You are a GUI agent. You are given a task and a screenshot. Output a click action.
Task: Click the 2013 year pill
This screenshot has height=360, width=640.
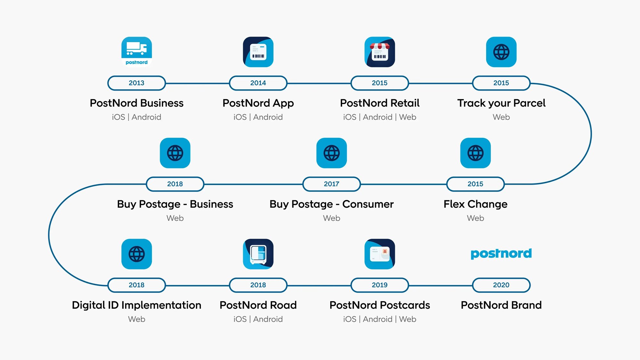pyautogui.click(x=137, y=83)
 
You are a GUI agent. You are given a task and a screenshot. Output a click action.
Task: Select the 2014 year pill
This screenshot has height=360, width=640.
pyautogui.click(x=258, y=83)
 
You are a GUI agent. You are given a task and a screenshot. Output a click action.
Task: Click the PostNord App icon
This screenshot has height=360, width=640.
pyautogui.click(x=258, y=52)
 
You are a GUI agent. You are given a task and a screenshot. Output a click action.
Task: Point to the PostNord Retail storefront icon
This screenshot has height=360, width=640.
pyautogui.click(x=380, y=52)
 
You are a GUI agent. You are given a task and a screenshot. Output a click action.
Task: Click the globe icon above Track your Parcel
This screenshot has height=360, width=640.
pyautogui.click(x=501, y=52)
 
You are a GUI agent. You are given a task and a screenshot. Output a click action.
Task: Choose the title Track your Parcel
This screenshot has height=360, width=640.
pyautogui.click(x=501, y=103)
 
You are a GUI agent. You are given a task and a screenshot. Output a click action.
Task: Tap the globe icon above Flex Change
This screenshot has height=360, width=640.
pyautogui.click(x=476, y=153)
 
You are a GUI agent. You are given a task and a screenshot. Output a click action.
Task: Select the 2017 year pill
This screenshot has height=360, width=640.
pyautogui.click(x=332, y=184)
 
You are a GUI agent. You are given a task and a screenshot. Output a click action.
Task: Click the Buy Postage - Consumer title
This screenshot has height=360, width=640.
pyautogui.click(x=332, y=204)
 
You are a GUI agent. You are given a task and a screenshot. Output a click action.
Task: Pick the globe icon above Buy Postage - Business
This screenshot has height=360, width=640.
pyautogui.click(x=175, y=153)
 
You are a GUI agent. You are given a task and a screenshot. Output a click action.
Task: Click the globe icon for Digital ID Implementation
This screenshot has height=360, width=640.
pyautogui.click(x=137, y=254)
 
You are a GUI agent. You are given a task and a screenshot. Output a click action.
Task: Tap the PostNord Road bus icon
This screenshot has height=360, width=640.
pyautogui.click(x=258, y=254)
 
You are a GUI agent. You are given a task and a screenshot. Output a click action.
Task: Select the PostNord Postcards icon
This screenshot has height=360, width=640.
pyautogui.click(x=380, y=254)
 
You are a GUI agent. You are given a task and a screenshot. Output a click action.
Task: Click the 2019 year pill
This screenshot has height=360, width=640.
pyautogui.click(x=380, y=285)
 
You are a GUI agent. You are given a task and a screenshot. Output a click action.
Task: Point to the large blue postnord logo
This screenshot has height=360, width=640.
pyautogui.click(x=501, y=253)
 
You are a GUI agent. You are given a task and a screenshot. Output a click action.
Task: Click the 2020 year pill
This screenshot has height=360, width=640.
pyautogui.click(x=501, y=285)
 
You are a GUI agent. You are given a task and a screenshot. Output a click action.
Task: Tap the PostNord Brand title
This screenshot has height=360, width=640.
pyautogui.click(x=501, y=305)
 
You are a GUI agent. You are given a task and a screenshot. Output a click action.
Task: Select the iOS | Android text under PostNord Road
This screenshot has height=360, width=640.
pyautogui.click(x=258, y=319)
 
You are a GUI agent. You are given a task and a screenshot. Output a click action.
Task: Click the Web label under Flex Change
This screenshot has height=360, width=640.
pyautogui.click(x=476, y=218)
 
